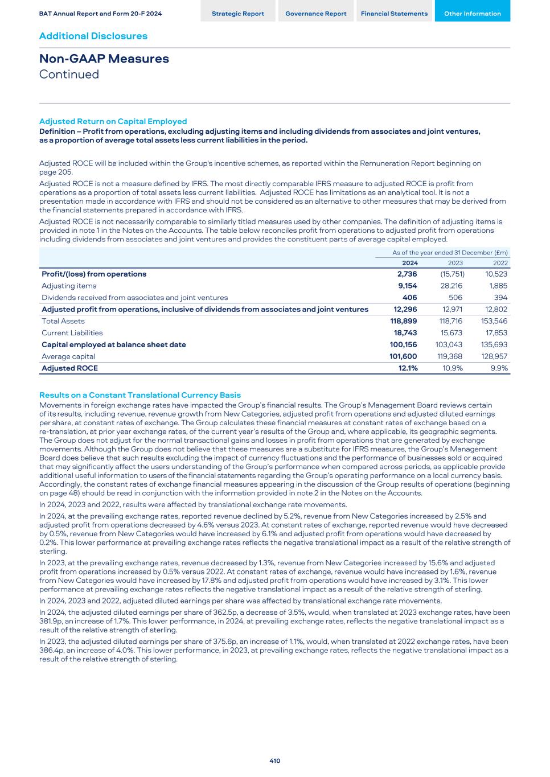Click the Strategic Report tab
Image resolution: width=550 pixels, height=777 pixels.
coord(237,14)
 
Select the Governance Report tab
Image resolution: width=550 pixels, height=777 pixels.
coord(315,14)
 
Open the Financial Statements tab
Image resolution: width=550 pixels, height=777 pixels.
coord(394,14)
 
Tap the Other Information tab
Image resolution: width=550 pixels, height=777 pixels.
coord(472,14)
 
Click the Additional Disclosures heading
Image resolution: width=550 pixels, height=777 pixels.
coord(93,36)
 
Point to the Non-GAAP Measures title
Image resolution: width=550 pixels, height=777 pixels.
coord(104,59)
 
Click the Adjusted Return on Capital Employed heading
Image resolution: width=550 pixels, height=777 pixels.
coord(113,121)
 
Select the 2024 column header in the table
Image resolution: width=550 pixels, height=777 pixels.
coord(410,263)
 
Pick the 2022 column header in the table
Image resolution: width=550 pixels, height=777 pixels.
coord(500,263)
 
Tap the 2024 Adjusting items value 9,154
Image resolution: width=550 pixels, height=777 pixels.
coord(407,286)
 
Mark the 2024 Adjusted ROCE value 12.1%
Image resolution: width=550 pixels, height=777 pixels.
coord(408,368)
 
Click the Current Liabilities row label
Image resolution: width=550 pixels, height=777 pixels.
coord(72,333)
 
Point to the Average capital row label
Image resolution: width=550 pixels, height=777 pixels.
coord(68,356)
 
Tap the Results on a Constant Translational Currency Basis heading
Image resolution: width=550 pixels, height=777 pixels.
coord(140,395)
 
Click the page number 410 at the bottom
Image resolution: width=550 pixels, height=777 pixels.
coord(275,760)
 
